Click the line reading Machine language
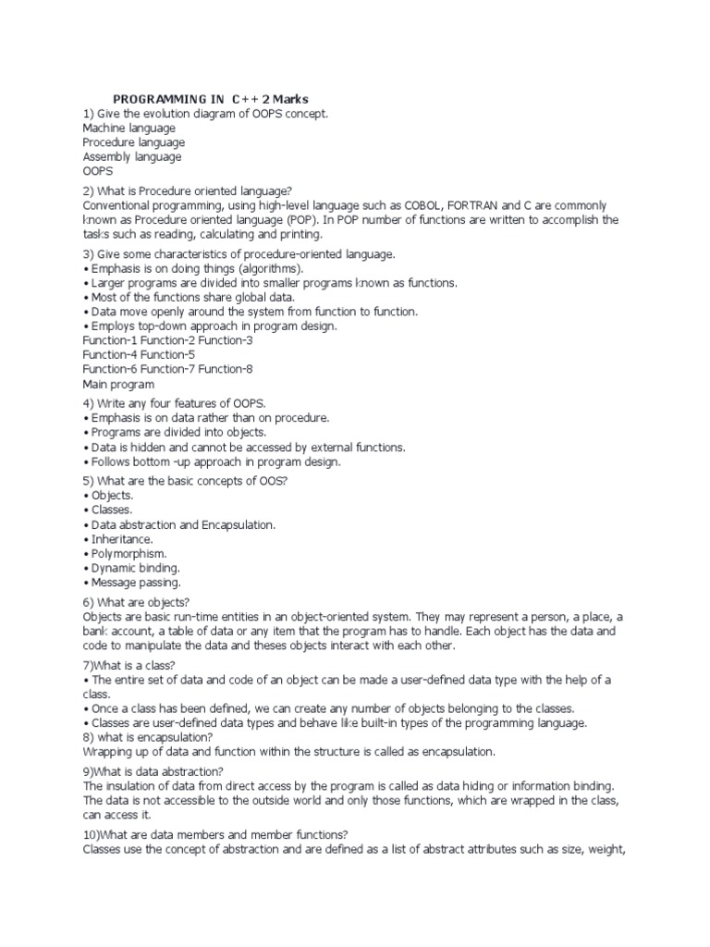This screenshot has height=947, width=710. (x=129, y=128)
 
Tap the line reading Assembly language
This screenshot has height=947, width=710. (x=131, y=157)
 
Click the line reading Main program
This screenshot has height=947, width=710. (x=118, y=384)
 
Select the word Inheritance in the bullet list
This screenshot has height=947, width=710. (x=122, y=538)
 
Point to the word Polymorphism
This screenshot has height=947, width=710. (x=129, y=553)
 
